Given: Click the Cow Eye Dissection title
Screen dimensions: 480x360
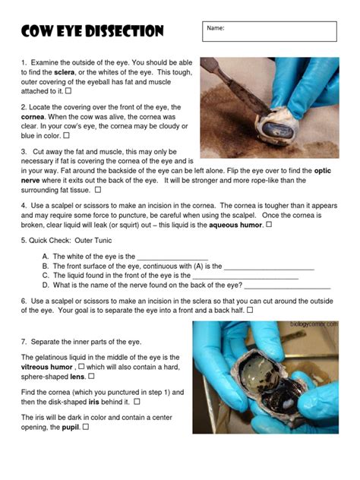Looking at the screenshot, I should click(x=93, y=31).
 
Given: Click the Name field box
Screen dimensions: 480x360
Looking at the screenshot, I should click(x=270, y=31).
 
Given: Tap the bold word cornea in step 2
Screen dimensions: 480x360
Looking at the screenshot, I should click(x=36, y=118).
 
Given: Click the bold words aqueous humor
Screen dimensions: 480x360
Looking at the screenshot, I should click(x=238, y=225).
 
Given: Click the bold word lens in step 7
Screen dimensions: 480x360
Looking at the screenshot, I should click(x=77, y=376).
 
